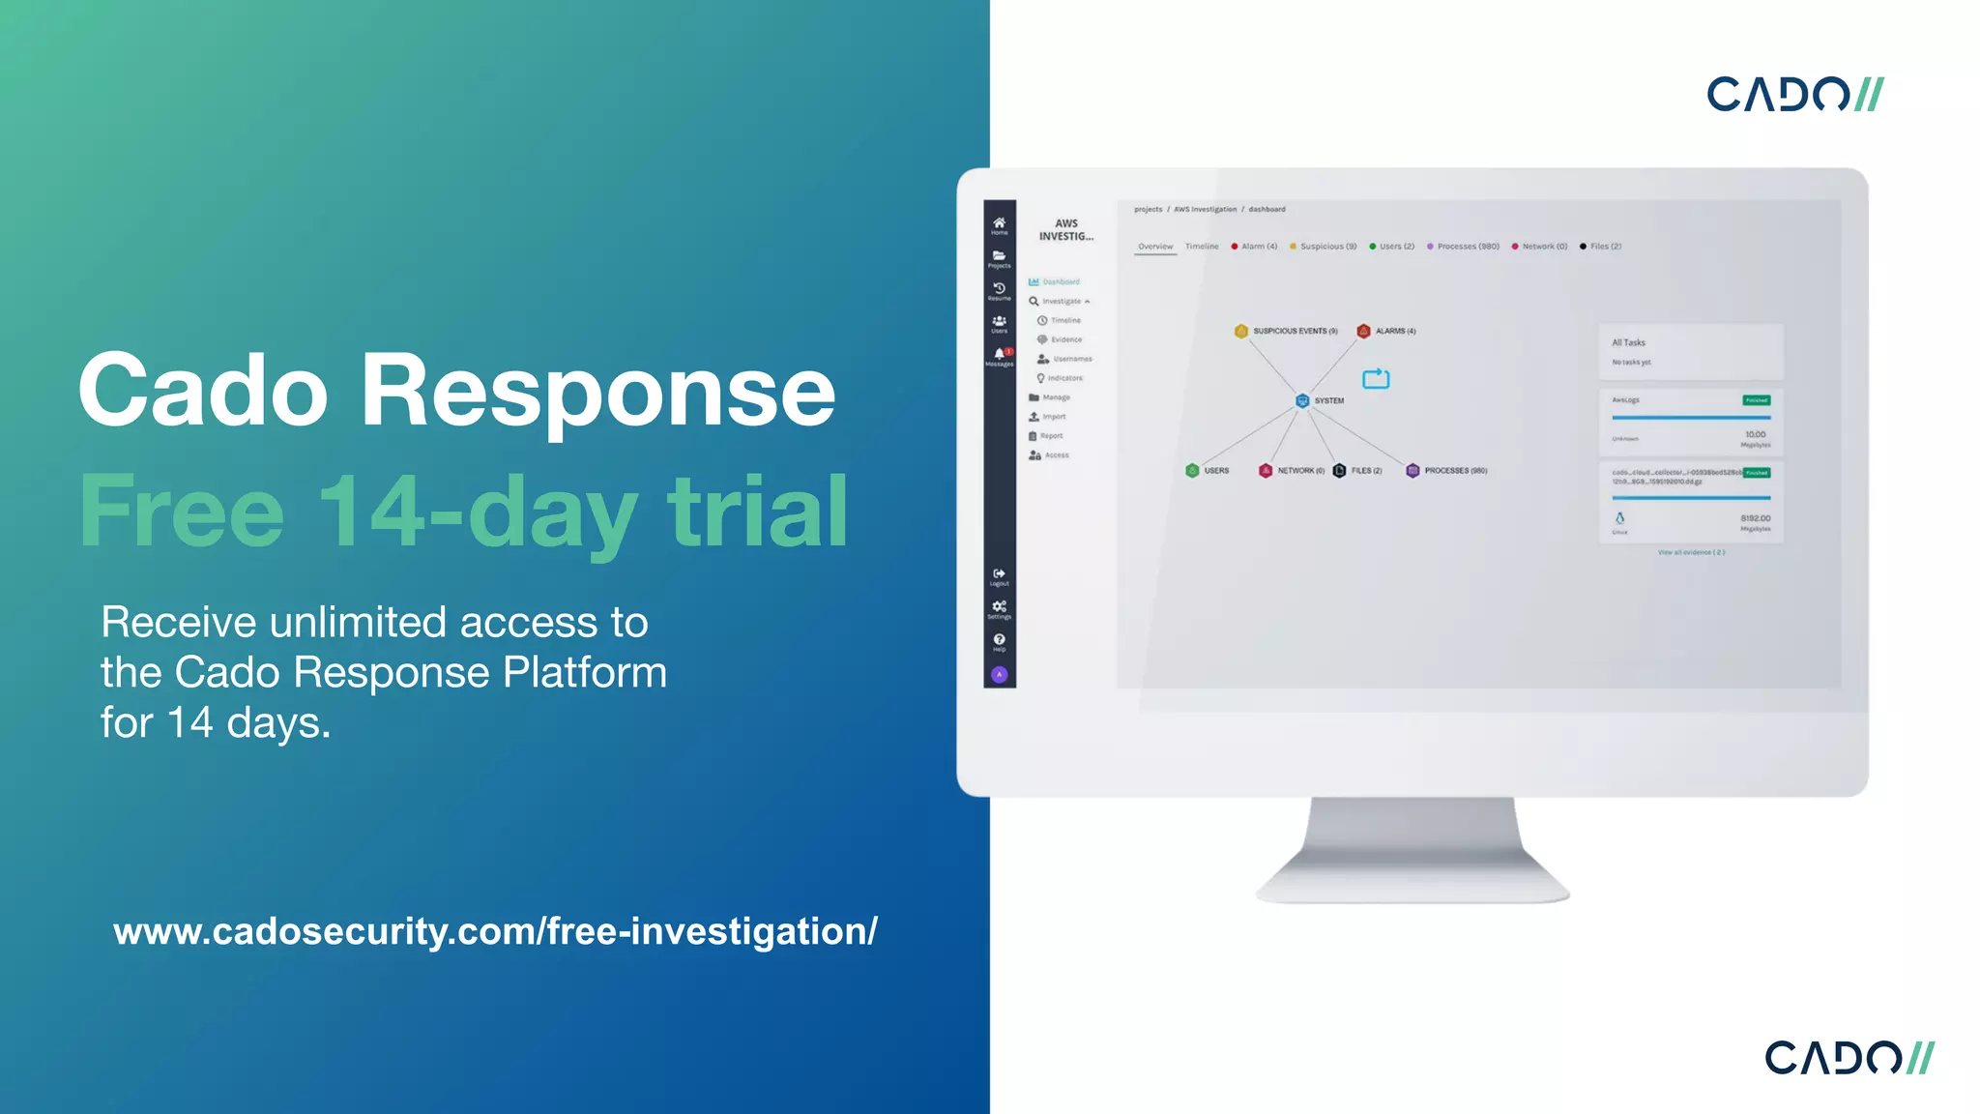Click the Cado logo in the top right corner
click(1794, 94)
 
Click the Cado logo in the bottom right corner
click(1849, 1057)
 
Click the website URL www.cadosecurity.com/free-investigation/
click(495, 931)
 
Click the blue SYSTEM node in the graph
click(1302, 400)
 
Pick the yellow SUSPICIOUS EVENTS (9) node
click(1241, 331)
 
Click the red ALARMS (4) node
click(1363, 331)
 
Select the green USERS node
click(1192, 471)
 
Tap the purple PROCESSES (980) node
click(1412, 471)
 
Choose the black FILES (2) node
click(1339, 471)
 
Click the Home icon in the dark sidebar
click(999, 224)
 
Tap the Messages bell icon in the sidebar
click(999, 355)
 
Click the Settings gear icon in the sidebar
click(999, 608)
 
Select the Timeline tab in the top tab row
click(1202, 247)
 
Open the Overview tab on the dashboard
click(1155, 247)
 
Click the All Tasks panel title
click(1628, 342)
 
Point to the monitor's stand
click(1412, 851)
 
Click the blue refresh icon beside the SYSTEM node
click(1376, 378)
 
